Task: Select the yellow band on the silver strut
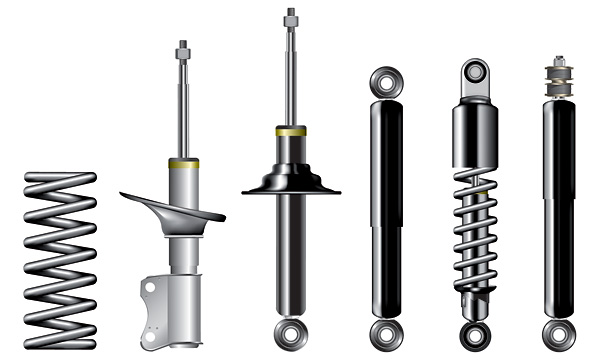[x=184, y=163]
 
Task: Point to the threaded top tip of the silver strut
[x=183, y=47]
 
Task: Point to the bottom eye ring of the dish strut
[x=290, y=330]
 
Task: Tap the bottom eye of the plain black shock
[x=386, y=331]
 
